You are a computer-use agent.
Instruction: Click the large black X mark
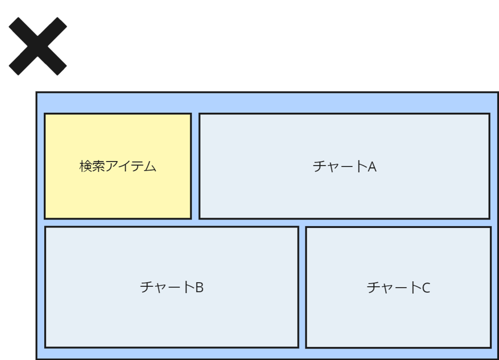click(x=37, y=46)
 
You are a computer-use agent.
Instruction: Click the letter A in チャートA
click(x=372, y=167)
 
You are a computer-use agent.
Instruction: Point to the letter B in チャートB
click(x=199, y=287)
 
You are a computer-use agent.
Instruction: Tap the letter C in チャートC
click(x=426, y=288)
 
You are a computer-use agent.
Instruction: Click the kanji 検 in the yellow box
click(x=85, y=167)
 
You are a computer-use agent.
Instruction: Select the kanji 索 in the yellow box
click(x=98, y=167)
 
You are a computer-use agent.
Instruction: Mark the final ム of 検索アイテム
click(x=150, y=167)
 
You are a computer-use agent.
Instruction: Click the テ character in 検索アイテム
click(x=137, y=167)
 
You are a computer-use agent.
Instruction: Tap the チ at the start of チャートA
click(x=319, y=167)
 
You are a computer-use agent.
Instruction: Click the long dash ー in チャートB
click(x=172, y=287)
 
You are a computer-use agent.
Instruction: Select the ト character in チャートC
click(x=415, y=288)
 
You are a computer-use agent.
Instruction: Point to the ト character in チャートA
click(x=361, y=167)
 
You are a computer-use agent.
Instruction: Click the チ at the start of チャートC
click(x=373, y=288)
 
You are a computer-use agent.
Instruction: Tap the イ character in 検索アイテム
click(x=124, y=167)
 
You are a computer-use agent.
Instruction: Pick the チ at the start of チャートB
click(x=146, y=287)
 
